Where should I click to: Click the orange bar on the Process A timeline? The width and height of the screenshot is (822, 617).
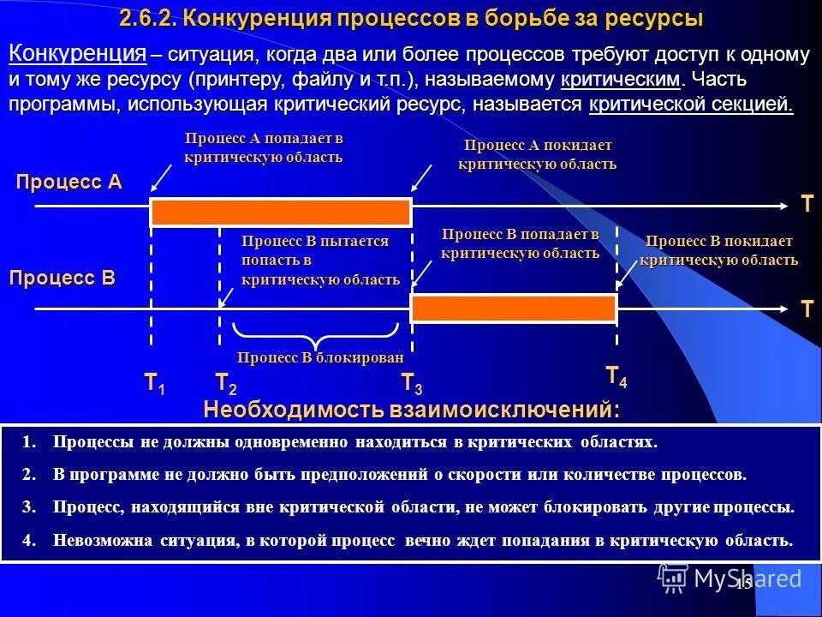281,211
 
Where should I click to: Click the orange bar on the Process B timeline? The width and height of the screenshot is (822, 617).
514,308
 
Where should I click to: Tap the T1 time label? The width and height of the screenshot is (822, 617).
154,383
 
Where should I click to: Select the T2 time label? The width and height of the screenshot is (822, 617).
225,383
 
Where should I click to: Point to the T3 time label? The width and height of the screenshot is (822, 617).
412,384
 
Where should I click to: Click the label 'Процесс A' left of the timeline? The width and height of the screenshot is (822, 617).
69,182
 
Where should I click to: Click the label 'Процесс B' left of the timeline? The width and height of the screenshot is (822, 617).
62,278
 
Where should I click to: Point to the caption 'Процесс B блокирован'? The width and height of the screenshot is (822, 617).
319,357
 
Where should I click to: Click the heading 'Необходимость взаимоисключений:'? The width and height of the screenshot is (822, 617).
412,410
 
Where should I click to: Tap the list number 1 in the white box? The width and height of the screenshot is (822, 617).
30,442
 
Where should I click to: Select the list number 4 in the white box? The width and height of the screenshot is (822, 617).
30,541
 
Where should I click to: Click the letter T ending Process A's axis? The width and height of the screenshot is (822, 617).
807,204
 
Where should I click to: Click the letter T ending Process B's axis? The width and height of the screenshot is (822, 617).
807,309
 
